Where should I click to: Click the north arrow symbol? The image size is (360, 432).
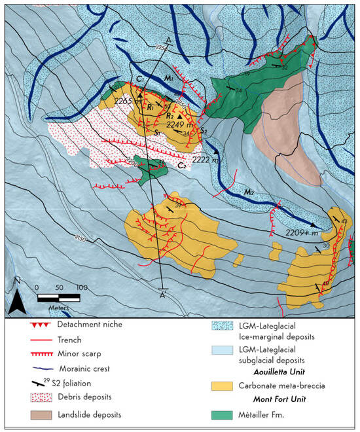point(20,300)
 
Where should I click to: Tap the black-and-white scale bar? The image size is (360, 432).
point(59,298)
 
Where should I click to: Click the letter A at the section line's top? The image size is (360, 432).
point(170,40)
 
